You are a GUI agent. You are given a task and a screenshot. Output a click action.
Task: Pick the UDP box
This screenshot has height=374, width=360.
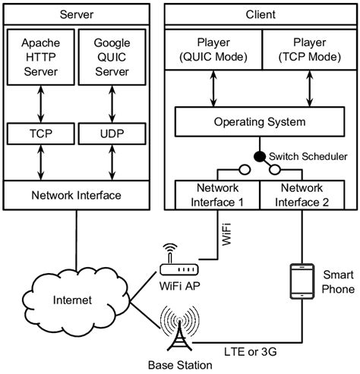point(112,134)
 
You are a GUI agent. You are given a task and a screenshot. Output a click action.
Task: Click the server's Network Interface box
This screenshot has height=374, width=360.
point(76,195)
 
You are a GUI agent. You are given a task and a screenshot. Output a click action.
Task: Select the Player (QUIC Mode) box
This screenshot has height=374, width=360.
point(214,52)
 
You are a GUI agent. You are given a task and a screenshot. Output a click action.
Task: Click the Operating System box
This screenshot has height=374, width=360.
point(261,121)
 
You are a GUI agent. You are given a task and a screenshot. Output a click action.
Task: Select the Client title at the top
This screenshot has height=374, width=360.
point(261,14)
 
